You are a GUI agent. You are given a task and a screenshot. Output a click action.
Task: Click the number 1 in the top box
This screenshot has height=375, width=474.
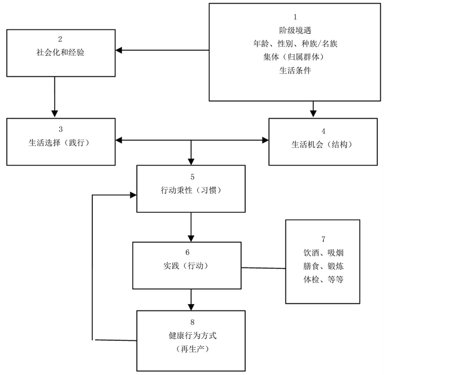coord(295,17)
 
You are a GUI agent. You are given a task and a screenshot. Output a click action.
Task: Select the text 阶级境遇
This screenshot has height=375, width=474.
coord(295,30)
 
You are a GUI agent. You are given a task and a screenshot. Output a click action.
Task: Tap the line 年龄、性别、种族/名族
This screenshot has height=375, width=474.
coord(295,44)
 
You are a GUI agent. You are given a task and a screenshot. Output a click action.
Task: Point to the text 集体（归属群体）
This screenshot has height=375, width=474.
coord(295,57)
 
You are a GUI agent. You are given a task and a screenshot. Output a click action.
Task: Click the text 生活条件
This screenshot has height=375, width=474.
coord(295,70)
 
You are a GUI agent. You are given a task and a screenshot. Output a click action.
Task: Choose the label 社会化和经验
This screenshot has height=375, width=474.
coord(61,53)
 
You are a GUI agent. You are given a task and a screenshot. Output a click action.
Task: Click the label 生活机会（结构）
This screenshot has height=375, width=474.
coord(322,145)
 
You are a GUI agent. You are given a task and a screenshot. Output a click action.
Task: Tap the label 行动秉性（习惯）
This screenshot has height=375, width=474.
coord(191,190)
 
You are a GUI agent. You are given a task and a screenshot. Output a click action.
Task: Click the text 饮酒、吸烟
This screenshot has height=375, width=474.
coord(323,253)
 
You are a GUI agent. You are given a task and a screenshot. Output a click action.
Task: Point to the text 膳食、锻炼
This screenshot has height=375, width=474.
coord(323,266)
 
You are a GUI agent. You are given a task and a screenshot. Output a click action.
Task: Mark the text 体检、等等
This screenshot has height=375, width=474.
coord(323,279)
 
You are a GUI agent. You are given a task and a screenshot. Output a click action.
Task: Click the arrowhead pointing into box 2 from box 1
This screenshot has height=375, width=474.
coord(119,50)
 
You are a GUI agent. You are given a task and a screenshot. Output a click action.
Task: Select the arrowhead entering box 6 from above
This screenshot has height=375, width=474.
coord(191,237)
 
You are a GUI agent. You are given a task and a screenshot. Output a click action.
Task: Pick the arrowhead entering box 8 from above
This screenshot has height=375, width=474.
coord(191,306)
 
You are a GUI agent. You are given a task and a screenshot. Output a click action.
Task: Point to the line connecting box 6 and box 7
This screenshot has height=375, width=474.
coord(264,268)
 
